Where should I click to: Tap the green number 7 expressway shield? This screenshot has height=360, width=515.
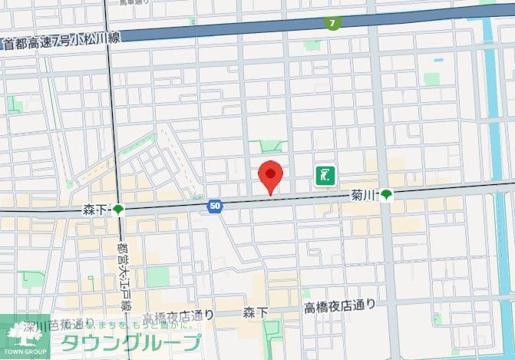click(x=332, y=24)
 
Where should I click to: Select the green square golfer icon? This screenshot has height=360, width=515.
click(x=325, y=176)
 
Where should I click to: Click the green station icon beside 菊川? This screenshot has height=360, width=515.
click(x=387, y=195)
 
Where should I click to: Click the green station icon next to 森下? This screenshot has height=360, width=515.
click(x=117, y=210)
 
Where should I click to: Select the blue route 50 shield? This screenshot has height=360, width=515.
click(x=215, y=206)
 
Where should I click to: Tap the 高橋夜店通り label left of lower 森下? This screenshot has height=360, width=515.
click(x=179, y=315)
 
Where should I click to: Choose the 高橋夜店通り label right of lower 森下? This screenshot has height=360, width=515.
click(x=339, y=306)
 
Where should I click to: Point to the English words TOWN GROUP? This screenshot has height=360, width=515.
click(x=23, y=352)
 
